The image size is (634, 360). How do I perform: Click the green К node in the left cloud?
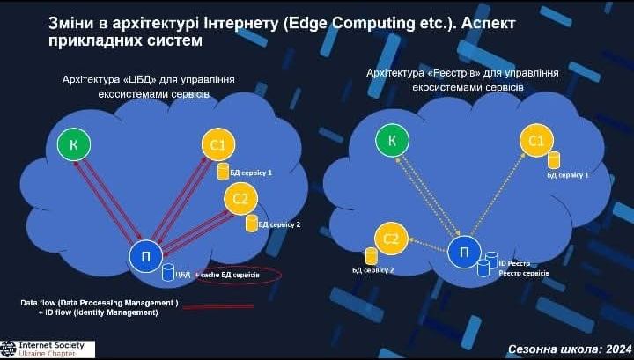pyautogui.click(x=73, y=143)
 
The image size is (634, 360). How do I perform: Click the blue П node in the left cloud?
pyautogui.click(x=145, y=257)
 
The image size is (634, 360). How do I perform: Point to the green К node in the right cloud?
pyautogui.click(x=392, y=139)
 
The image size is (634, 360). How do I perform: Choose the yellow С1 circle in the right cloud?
pyautogui.click(x=536, y=139)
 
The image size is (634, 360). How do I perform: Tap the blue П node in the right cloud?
pyautogui.click(x=465, y=253)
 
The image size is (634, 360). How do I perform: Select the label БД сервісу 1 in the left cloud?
pyautogui.click(x=251, y=172)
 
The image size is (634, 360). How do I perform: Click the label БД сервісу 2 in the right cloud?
pyautogui.click(x=373, y=270)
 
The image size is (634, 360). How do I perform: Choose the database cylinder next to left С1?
pyautogui.click(x=223, y=169)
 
